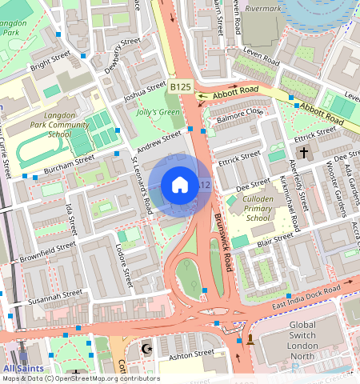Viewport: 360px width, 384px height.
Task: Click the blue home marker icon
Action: click(x=180, y=185)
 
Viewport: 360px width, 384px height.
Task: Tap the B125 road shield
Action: click(x=181, y=86)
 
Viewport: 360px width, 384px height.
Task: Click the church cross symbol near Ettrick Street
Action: click(x=303, y=152)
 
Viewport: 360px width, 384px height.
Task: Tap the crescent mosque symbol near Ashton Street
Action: click(x=146, y=349)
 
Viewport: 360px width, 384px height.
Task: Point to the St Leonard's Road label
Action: click(x=142, y=185)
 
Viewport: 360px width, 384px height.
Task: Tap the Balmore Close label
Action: click(x=238, y=113)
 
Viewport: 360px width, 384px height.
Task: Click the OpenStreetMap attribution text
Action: click(x=80, y=378)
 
